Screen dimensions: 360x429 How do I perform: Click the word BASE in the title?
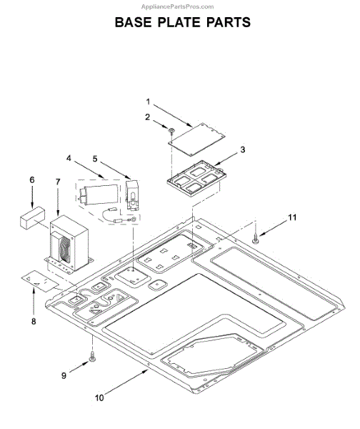[133, 22]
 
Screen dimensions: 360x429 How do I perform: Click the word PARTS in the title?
[229, 22]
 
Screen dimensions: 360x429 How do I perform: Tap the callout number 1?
[148, 102]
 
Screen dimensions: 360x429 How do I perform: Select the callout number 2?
[148, 117]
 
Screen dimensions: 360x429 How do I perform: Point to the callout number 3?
[242, 149]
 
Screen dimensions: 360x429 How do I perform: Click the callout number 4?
[69, 158]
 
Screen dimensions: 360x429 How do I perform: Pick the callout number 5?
[95, 159]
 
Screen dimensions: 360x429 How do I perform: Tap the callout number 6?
[32, 179]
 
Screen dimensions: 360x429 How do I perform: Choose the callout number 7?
[58, 182]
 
